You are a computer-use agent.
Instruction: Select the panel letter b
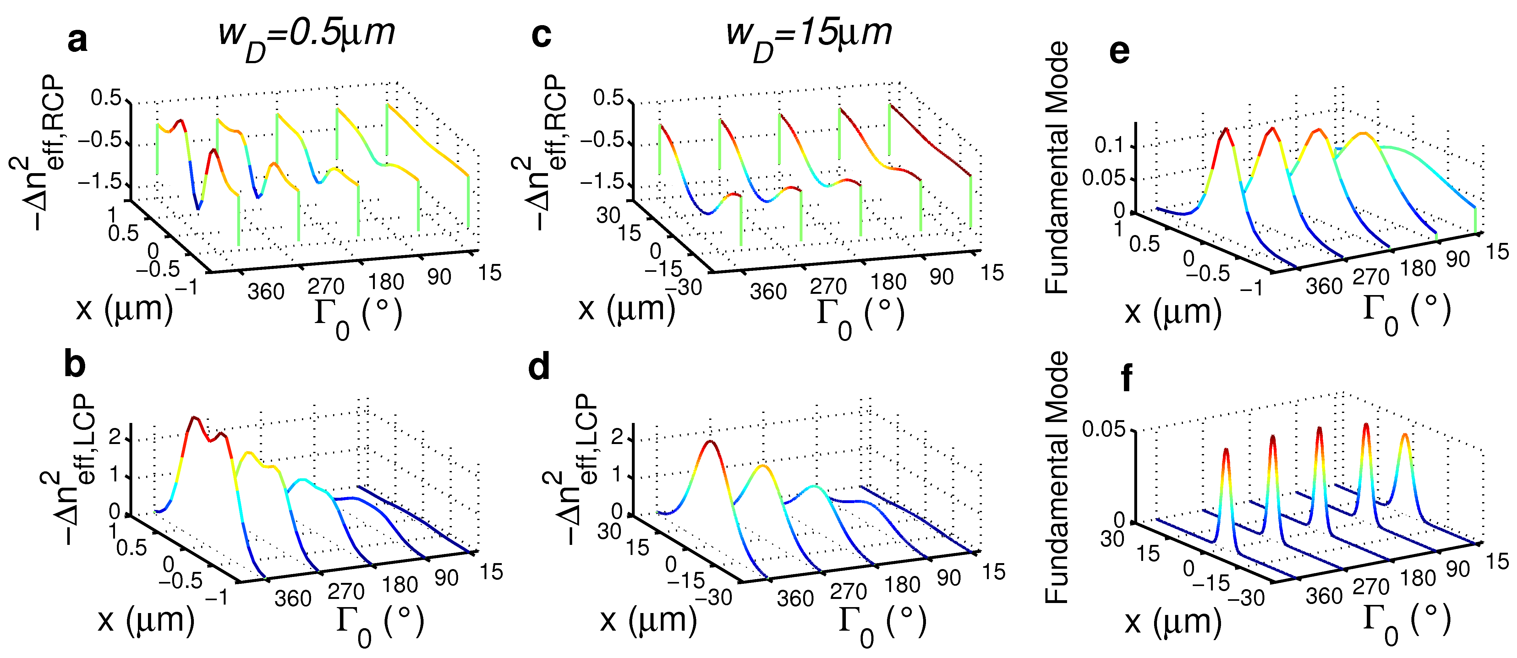(x=75, y=365)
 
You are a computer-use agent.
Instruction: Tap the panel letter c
(x=541, y=35)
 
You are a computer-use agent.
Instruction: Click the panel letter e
(x=1119, y=52)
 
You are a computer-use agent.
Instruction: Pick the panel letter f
(x=1126, y=378)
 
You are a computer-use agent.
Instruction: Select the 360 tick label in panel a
(x=266, y=292)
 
